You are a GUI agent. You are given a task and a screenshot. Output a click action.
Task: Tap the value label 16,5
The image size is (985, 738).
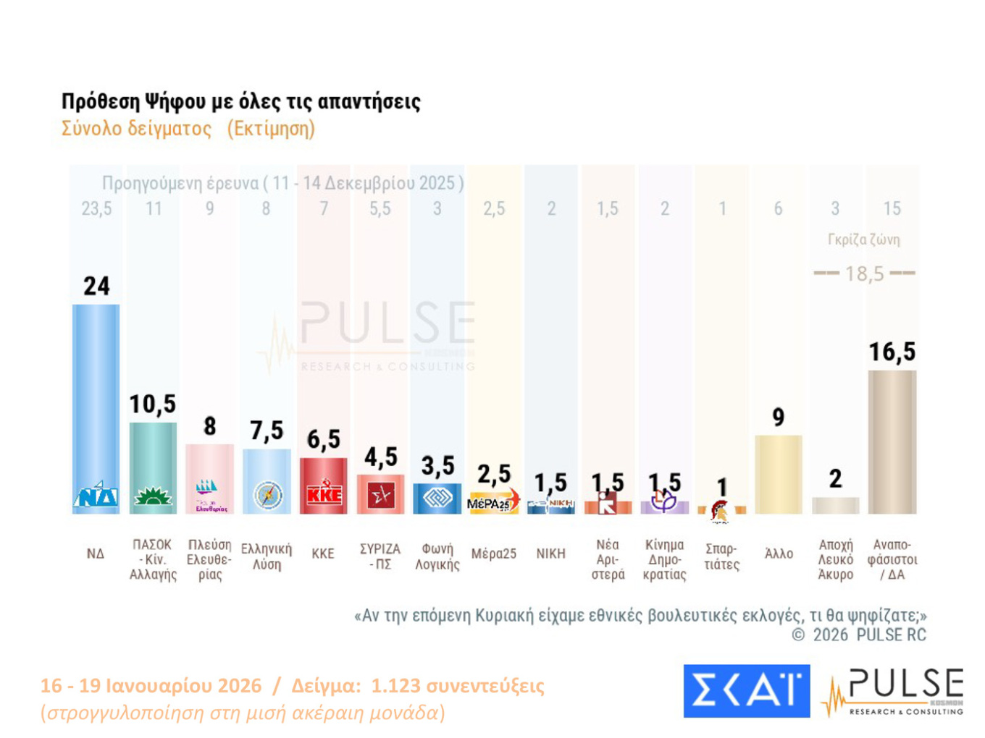click(892, 352)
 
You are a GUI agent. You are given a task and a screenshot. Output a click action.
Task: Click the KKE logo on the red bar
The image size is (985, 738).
click(324, 495)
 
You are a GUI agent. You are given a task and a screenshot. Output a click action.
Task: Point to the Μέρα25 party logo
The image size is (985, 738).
click(493, 502)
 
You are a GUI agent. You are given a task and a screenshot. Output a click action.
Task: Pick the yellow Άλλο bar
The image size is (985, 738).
click(778, 474)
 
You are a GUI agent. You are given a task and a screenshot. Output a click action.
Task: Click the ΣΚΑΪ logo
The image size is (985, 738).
click(746, 691)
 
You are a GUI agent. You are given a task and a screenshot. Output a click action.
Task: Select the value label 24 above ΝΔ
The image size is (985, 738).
click(96, 286)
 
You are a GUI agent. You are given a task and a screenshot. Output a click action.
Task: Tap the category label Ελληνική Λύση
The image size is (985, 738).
click(267, 556)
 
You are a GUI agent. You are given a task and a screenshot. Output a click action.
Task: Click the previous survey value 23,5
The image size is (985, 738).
click(96, 209)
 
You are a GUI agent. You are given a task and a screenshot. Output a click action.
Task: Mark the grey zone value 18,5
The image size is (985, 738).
click(864, 273)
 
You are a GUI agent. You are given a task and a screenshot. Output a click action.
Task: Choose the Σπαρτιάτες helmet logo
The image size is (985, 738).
click(720, 511)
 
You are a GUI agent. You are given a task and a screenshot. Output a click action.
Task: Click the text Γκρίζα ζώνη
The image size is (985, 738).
click(863, 239)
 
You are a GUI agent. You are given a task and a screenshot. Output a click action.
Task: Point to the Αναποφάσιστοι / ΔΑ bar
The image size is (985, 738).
click(892, 441)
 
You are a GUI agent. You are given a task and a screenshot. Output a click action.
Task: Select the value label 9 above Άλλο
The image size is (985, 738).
click(778, 417)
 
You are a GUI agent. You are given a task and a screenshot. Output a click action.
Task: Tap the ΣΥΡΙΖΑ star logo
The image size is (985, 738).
click(381, 496)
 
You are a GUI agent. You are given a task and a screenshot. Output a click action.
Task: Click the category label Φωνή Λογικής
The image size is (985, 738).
click(437, 556)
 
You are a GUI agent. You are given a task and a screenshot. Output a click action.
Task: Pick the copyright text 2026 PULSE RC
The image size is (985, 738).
click(868, 635)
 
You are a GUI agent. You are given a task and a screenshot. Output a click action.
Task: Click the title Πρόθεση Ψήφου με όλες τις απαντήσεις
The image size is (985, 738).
click(240, 101)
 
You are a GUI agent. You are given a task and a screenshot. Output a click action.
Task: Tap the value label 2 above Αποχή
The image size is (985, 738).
click(835, 479)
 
